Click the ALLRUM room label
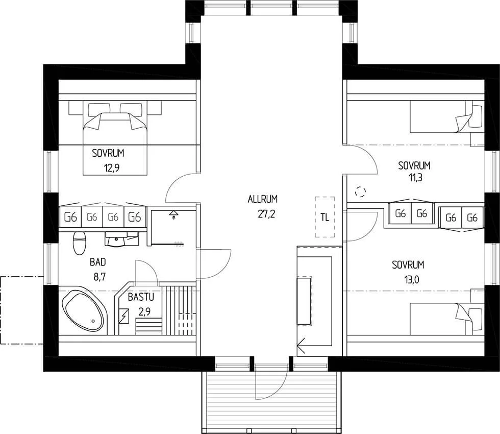[262, 199]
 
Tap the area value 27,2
[266, 214]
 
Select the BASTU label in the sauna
[141, 297]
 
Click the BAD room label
[98, 262]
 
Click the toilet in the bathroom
[80, 243]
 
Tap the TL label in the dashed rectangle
[324, 218]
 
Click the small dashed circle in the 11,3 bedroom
[360, 191]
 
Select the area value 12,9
[112, 168]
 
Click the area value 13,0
[412, 280]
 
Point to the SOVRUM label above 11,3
[414, 165]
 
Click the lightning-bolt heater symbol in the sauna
[123, 316]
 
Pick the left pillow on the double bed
[99, 109]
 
